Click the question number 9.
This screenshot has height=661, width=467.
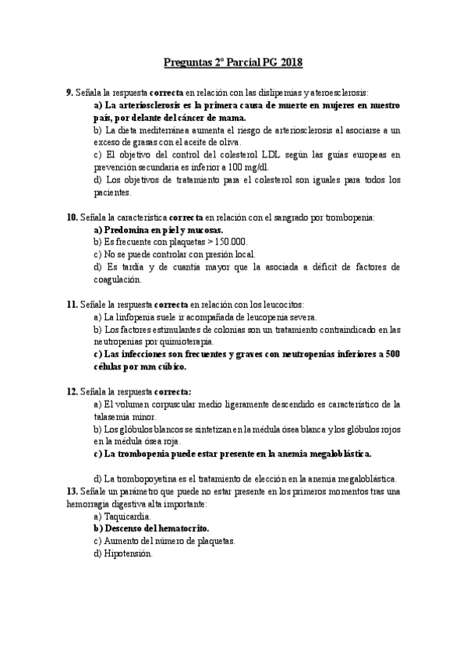[69, 92]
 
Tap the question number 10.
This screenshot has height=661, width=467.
[72, 217]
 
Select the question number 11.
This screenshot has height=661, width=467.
[72, 305]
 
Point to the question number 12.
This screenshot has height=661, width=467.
[72, 391]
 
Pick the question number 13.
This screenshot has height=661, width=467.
[72, 491]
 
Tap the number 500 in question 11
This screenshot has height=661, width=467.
[393, 354]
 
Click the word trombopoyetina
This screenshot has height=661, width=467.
[148, 479]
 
